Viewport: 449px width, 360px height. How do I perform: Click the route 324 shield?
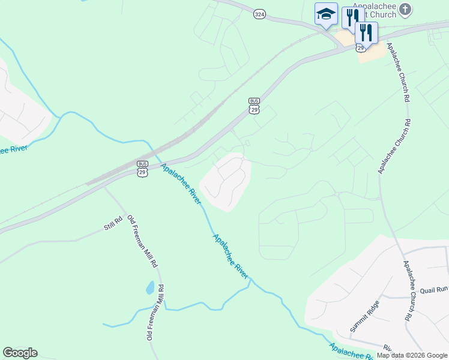259,14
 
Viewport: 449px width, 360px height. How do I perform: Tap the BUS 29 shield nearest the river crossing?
142,169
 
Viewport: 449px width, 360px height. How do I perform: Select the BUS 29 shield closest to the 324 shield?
255,106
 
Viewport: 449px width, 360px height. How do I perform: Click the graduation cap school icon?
326,14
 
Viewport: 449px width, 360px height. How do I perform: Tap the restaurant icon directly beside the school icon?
352,18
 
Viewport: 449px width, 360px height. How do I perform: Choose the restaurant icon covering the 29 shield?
366,33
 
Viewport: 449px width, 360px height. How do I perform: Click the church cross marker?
406,9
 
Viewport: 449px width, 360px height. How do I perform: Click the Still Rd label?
113,223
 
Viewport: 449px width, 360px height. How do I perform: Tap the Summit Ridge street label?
365,316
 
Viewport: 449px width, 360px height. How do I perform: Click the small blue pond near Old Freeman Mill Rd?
149,288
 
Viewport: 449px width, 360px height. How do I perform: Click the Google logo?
20,353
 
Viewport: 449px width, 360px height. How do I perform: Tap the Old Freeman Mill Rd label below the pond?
154,311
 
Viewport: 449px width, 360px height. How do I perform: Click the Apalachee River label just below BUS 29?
180,183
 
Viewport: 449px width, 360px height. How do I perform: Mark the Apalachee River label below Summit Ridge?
352,352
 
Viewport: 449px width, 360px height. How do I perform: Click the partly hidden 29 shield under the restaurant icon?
360,47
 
